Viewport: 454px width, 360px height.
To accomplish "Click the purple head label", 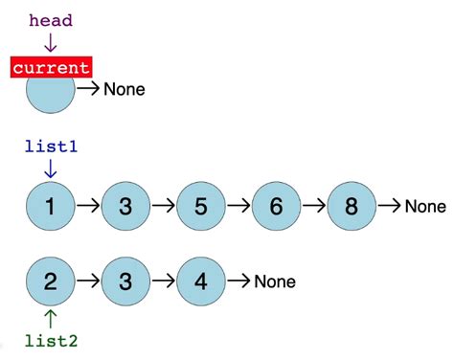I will point(50,20).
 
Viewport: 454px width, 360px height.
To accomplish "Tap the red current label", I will point(51,67).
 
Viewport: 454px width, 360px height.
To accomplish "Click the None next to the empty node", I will point(124,90).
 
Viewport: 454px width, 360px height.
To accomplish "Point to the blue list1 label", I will point(50,147).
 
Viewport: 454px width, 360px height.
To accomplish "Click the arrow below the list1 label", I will point(50,169).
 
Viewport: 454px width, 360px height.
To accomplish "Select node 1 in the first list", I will point(50,206).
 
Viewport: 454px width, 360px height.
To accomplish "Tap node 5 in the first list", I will point(201,206).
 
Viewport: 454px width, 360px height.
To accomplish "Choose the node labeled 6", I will point(277,206).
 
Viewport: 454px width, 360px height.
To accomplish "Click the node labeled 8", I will point(352,206).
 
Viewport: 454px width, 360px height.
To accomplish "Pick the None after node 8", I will point(425,206).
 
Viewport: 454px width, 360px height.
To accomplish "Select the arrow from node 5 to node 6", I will point(238,206).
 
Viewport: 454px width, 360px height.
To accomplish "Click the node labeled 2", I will point(50,281).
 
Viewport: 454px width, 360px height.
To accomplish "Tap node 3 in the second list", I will point(125,281).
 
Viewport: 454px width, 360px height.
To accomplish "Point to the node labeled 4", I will point(201,281).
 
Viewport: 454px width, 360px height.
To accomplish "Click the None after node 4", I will point(274,281).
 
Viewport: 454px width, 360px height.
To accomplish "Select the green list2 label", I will point(50,340).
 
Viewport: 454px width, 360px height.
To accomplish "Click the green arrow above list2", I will point(50,318).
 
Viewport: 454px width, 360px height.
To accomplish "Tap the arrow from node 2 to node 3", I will point(87,281).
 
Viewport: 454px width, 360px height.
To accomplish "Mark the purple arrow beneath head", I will point(50,42).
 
